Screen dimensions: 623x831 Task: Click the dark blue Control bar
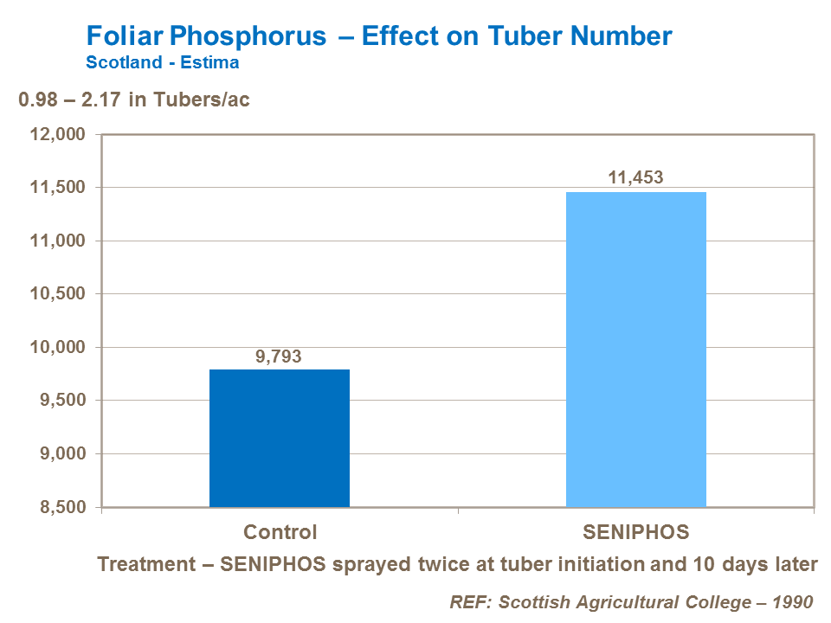pos(279,438)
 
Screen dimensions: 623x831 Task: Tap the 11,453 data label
pos(635,178)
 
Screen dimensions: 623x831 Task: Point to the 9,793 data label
pos(279,356)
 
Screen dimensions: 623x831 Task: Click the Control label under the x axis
pos(280,532)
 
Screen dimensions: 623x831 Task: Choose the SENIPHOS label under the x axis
pos(635,532)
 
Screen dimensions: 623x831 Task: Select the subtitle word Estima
pos(212,62)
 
